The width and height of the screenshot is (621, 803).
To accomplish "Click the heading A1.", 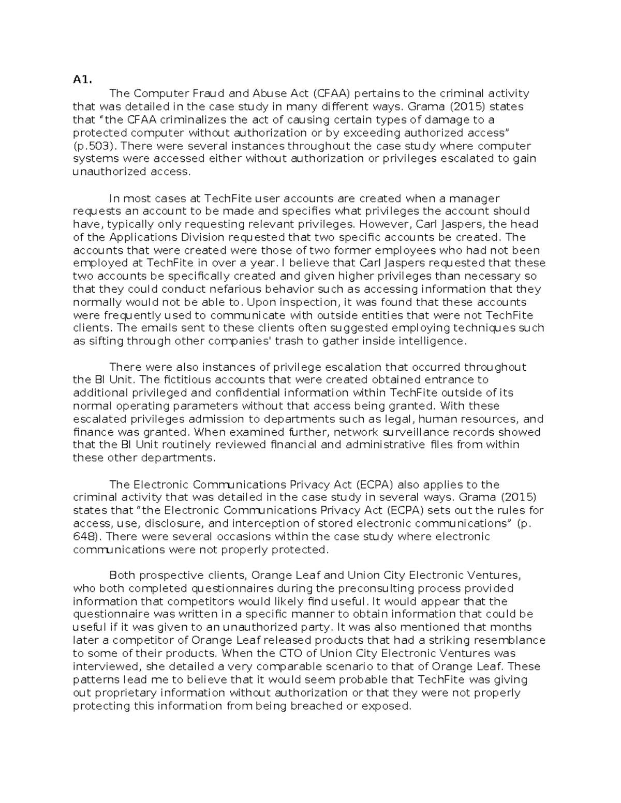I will pyautogui.click(x=82, y=80).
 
